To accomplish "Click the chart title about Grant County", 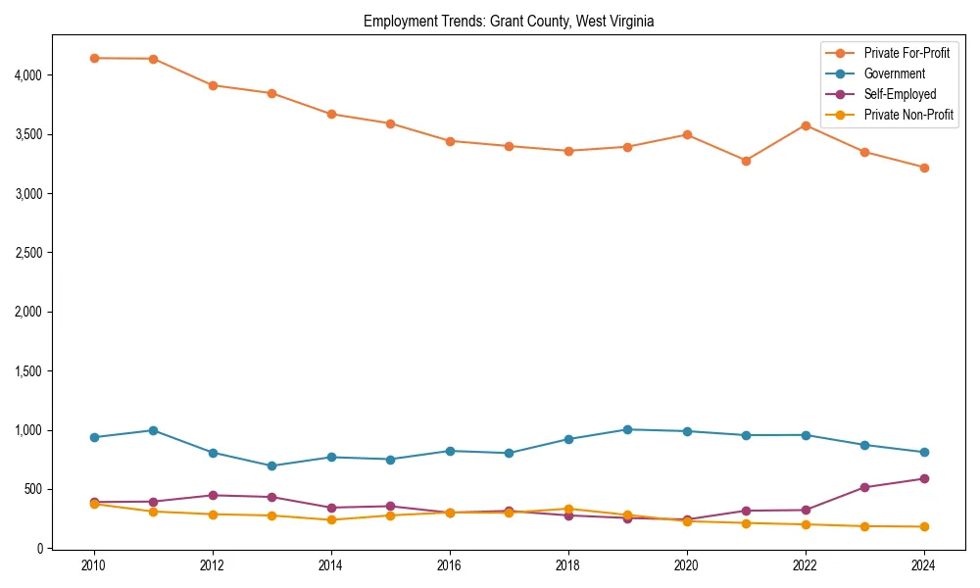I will [509, 21].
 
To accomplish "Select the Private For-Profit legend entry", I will [906, 53].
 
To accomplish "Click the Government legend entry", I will [894, 73].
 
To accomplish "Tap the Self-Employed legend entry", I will [900, 94].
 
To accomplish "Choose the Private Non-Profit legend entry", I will [908, 115].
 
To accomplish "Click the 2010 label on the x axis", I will [94, 565].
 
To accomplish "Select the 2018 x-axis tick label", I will [567, 565].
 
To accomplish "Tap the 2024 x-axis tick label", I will [923, 565].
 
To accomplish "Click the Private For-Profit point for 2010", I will [94, 58].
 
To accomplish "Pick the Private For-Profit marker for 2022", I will [806, 125].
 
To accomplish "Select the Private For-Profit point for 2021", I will [746, 161].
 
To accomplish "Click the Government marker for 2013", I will [271, 465].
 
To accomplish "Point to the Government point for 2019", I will [627, 429].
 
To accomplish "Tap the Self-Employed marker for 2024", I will [923, 479].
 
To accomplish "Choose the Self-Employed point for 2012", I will [213, 495].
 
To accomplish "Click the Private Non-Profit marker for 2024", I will [923, 527].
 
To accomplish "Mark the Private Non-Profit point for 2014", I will [331, 519].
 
